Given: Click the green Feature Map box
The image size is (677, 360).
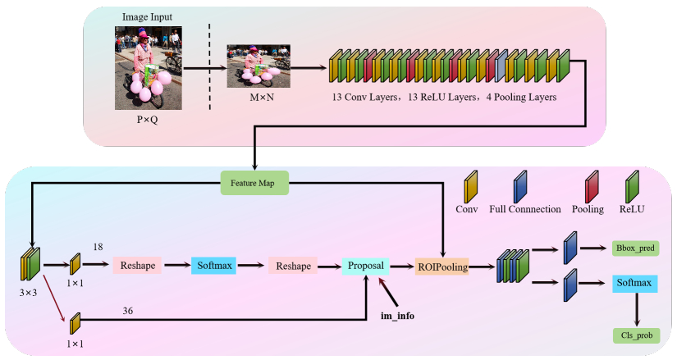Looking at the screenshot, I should coord(256,183).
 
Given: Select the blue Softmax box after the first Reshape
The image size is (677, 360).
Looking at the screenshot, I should coord(213,266).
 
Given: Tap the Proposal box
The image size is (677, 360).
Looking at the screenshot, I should coord(365,266).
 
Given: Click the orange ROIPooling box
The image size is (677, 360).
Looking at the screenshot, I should coord(441,266).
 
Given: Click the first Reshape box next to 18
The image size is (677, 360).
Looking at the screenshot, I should coord(138,266).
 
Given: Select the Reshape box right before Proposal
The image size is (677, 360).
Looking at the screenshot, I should coord(292,266).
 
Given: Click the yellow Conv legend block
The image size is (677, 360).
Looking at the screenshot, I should coord(471,187).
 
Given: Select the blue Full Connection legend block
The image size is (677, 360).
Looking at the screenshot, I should coord(521,187).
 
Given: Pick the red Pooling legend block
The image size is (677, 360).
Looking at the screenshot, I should coord(591,187).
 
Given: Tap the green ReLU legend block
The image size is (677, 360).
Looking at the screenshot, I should coord(632,187).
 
